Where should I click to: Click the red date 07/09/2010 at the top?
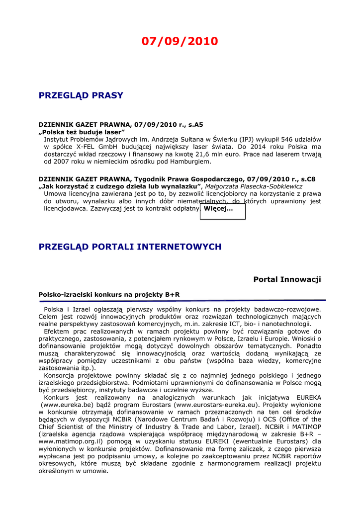click(x=180, y=41)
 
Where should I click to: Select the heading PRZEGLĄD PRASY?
click(x=81, y=95)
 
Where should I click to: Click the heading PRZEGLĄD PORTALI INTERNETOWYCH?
click(x=130, y=247)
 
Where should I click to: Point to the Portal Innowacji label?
click(x=287, y=280)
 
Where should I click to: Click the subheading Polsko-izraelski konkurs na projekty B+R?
click(x=109, y=295)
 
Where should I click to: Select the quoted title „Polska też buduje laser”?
click(x=82, y=133)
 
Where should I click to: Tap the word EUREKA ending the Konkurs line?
click(x=308, y=398)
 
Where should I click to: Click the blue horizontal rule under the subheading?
click(x=182, y=301)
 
